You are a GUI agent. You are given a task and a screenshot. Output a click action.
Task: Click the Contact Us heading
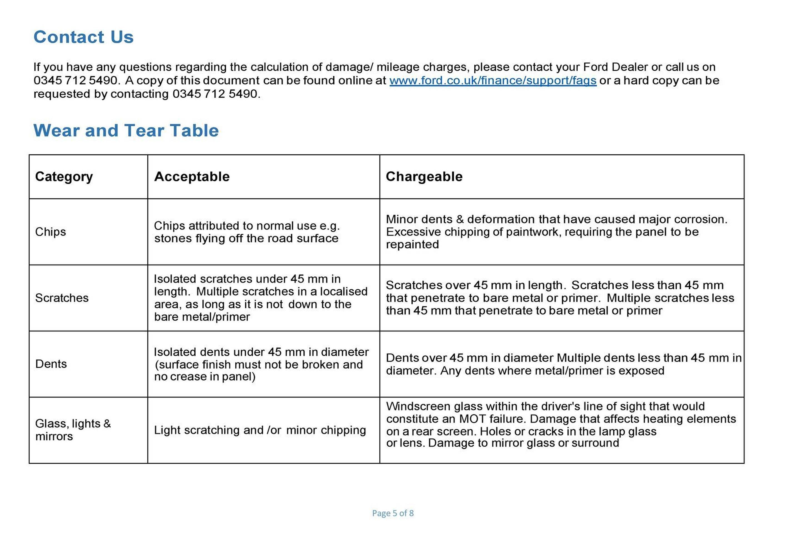click(83, 37)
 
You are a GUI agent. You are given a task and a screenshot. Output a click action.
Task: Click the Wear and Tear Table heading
click(126, 130)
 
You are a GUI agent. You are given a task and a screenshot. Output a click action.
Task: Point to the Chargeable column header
click(424, 177)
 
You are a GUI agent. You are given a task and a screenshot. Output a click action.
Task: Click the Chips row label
click(50, 232)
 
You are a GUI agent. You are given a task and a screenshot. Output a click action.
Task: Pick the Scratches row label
click(62, 298)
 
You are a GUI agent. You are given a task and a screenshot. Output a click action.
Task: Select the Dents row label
click(51, 364)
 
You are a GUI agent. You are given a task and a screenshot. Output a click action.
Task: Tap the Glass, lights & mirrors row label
click(73, 430)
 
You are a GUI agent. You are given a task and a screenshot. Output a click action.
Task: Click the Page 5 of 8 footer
click(393, 513)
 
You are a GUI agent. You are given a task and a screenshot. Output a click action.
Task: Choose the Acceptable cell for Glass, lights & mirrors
click(260, 430)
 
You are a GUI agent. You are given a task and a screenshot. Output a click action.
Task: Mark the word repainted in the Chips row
click(412, 245)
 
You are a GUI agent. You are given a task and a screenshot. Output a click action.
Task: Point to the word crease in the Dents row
click(189, 377)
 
